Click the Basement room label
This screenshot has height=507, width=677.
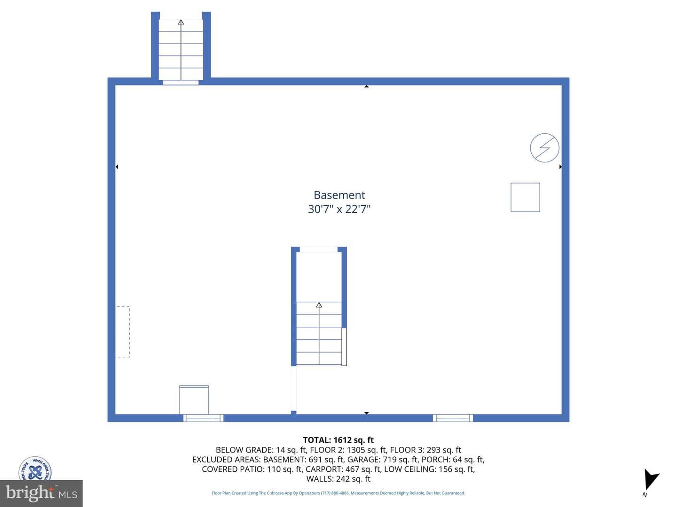[x=339, y=195]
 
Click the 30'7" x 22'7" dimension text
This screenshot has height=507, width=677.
[x=339, y=209]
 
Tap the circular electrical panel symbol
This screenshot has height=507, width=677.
[x=544, y=148]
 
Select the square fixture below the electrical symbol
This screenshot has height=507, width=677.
[x=525, y=197]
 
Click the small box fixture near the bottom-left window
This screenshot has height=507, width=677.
[x=194, y=400]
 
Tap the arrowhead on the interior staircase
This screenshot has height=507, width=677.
[x=319, y=305]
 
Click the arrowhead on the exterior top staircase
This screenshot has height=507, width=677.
[x=181, y=22]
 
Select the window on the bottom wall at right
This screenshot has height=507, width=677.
[x=453, y=418]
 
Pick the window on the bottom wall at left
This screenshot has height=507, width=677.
[x=203, y=418]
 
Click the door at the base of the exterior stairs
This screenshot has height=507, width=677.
[x=181, y=82]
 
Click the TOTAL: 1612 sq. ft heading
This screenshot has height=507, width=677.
[x=338, y=440]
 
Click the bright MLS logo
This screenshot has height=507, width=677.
[x=41, y=493]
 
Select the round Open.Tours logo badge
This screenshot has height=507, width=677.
[x=35, y=469]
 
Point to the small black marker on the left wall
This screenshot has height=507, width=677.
[x=117, y=167]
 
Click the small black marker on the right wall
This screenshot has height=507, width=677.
[x=560, y=167]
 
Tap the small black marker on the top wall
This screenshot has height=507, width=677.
[x=366, y=86]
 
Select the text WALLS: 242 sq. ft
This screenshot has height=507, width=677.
[x=338, y=479]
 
